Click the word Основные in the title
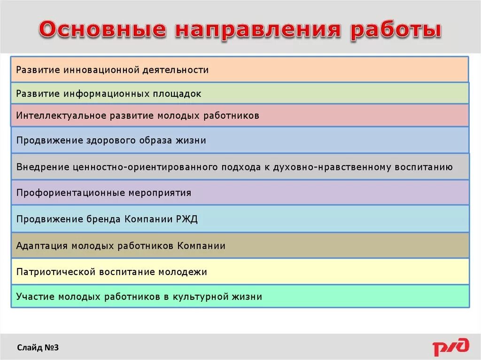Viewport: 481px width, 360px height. (x=102, y=30)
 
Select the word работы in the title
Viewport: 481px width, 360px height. (x=396, y=30)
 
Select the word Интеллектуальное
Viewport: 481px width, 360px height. (x=61, y=115)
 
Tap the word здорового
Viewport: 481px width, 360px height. (x=111, y=140)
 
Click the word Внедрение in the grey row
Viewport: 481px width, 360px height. (x=42, y=167)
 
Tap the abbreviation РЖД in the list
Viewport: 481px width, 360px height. (x=187, y=219)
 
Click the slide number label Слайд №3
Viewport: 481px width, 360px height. (x=38, y=348)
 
